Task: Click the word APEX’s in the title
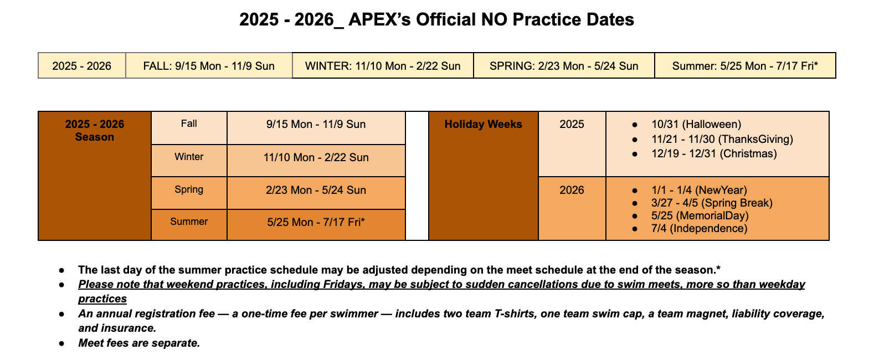[379, 19]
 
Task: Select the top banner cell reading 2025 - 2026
[82, 65]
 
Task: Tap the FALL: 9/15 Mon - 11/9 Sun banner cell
[209, 65]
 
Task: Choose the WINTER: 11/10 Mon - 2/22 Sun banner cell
[383, 65]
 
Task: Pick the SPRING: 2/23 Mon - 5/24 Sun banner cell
[564, 65]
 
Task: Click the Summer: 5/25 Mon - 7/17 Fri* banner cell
[745, 65]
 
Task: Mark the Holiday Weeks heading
[483, 124]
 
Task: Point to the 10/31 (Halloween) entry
[696, 124]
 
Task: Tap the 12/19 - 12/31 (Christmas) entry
[714, 153]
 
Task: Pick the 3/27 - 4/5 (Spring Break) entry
[712, 203]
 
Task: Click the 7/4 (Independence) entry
[699, 228]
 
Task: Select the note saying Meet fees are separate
[139, 343]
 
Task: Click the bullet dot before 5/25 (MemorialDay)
[635, 216]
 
